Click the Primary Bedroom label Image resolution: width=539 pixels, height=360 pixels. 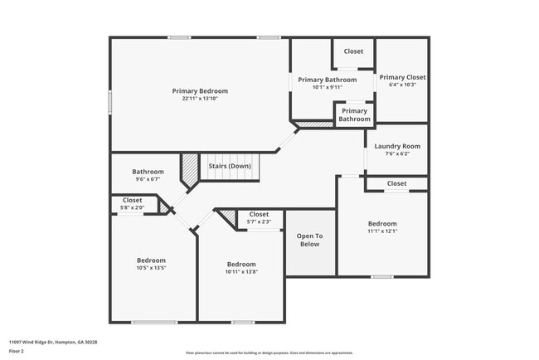[200, 90]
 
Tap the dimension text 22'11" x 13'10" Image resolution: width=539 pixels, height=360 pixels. [200, 99]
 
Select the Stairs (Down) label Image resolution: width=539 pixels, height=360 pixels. [230, 166]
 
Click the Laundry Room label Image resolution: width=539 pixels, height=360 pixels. [397, 146]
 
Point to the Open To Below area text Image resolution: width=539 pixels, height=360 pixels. [308, 240]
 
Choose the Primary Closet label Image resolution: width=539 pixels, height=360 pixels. [402, 77]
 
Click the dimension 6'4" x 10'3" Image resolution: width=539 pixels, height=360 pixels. [402, 85]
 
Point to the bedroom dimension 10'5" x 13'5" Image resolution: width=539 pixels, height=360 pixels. [151, 268]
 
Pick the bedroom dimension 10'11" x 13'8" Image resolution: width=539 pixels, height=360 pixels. [241, 271]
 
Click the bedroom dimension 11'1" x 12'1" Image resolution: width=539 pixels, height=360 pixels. [382, 231]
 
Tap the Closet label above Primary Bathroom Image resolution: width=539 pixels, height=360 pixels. [353, 51]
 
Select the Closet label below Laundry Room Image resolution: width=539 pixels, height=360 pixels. [396, 183]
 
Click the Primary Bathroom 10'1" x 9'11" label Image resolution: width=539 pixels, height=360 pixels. [328, 83]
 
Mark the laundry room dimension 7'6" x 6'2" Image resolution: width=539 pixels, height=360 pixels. [397, 153]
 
